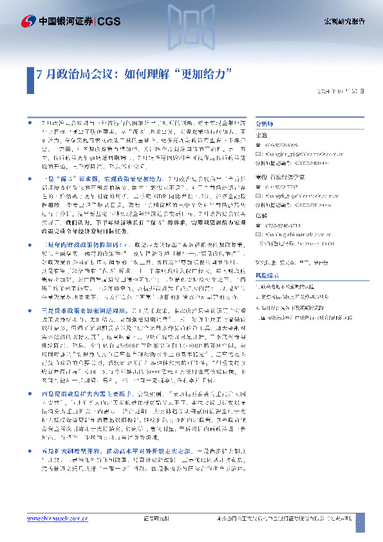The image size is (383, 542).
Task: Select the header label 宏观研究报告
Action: coord(344,21)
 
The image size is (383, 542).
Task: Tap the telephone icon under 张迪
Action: coord(259,145)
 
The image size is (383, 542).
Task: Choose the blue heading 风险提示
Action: coord(268,257)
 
